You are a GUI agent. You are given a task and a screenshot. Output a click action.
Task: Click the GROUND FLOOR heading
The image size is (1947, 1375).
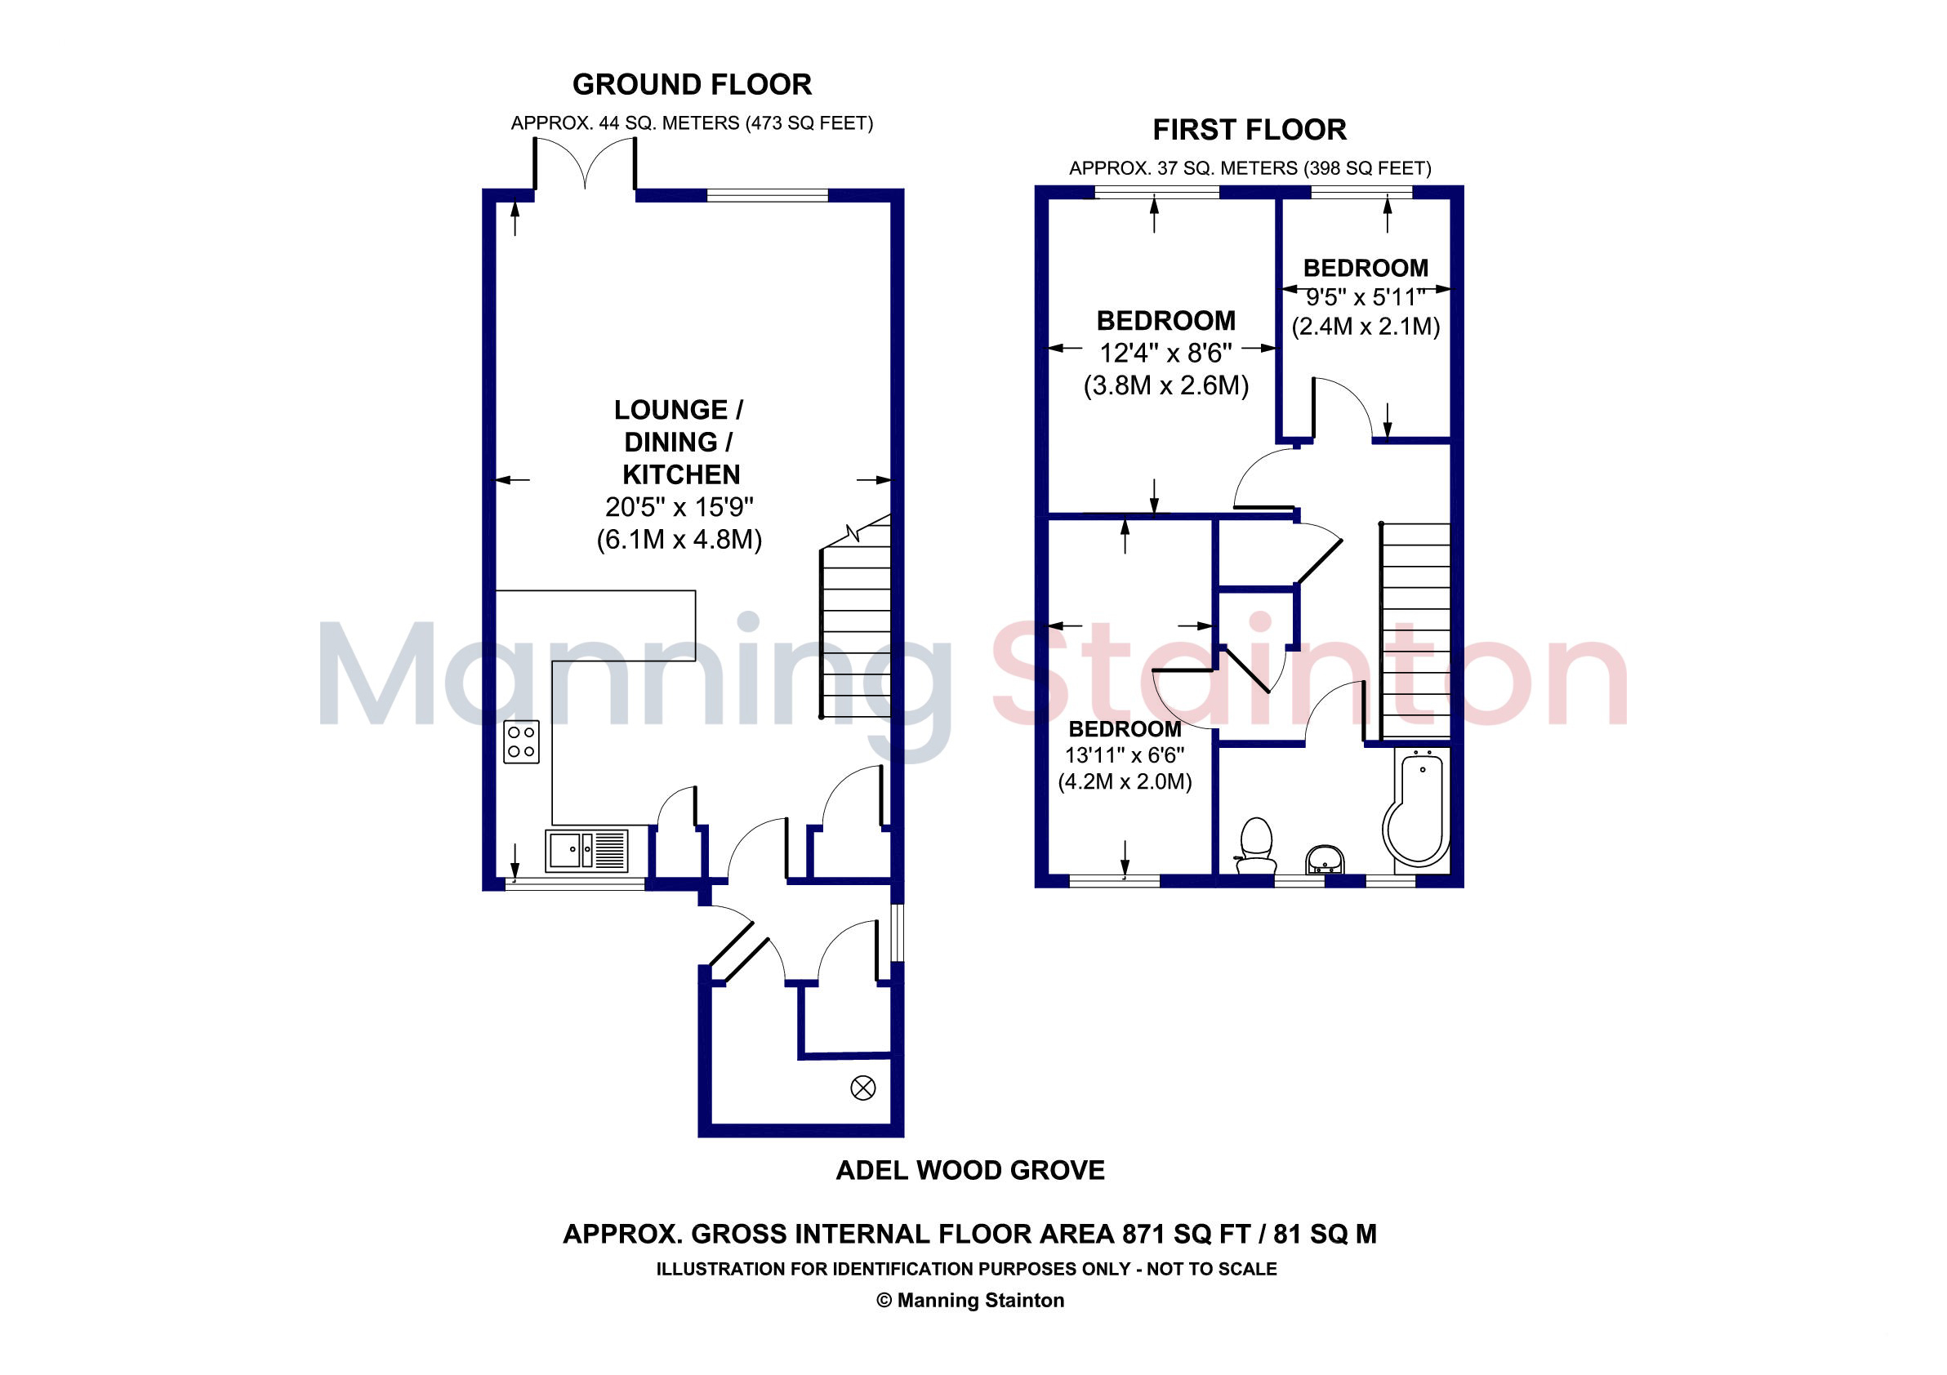(x=692, y=85)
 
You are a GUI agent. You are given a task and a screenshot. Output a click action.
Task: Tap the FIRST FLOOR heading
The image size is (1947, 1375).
(x=1249, y=130)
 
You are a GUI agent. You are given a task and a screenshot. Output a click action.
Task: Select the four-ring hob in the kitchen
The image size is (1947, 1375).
(x=521, y=741)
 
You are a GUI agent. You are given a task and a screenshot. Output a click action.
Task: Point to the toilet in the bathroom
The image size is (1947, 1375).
(x=1256, y=845)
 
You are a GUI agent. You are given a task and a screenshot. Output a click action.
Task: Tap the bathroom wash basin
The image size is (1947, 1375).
(x=1324, y=859)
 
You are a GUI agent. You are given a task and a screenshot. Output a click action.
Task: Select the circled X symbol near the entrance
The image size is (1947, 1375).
(x=862, y=1088)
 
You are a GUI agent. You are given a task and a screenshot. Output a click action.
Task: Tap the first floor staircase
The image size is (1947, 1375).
(x=1415, y=630)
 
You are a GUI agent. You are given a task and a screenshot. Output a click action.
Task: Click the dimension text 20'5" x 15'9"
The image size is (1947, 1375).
(x=679, y=507)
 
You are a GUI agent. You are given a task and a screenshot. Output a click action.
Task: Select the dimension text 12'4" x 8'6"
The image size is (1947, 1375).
(x=1166, y=353)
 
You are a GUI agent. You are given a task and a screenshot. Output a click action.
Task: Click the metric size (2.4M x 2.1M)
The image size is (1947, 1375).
(x=1366, y=327)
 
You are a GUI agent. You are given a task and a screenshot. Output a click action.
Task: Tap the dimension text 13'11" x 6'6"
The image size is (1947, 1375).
(x=1125, y=754)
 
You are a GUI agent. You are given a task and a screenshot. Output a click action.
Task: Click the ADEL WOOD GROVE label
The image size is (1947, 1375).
(x=970, y=1170)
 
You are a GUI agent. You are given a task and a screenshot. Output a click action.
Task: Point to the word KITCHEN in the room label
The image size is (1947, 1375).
(x=681, y=474)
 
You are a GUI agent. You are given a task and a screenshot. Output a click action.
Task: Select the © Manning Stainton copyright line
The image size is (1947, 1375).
(x=970, y=1301)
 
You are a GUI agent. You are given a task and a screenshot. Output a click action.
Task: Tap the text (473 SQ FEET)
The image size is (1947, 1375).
(x=809, y=124)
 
